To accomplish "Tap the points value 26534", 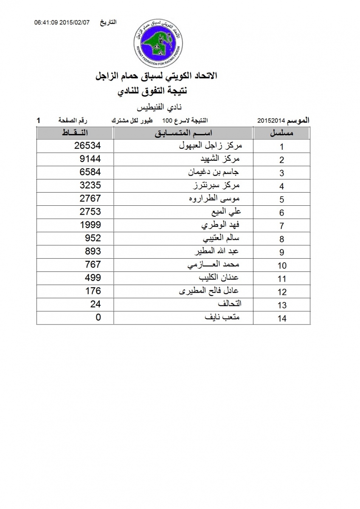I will click(87, 146).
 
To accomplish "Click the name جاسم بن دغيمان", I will click(214, 172).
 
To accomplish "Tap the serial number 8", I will click(281, 239).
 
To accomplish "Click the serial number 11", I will click(281, 279).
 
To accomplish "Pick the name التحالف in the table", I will click(229, 304).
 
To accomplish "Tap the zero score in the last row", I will click(98, 317).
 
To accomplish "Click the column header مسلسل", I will click(282, 133).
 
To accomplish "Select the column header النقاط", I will click(75, 133).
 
